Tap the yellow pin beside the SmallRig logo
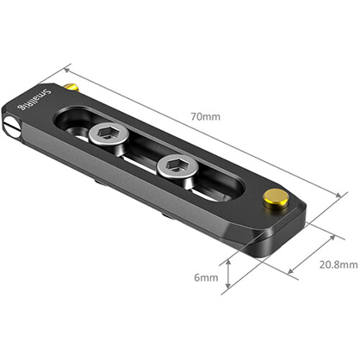[x=72, y=87]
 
